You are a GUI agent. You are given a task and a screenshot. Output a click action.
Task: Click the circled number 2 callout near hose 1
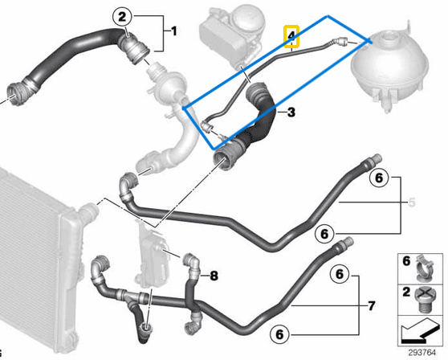(x=122, y=17)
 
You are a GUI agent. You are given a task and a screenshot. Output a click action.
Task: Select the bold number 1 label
(x=174, y=31)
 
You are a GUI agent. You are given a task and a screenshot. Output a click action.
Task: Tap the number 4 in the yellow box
(x=291, y=36)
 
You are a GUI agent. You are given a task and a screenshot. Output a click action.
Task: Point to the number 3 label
(x=291, y=112)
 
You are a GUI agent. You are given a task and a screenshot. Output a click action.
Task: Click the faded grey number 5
(x=412, y=202)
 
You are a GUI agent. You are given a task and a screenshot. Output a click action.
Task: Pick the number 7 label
(x=371, y=306)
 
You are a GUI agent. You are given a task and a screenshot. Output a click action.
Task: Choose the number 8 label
(x=214, y=276)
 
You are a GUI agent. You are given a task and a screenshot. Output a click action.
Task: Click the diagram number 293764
(x=422, y=352)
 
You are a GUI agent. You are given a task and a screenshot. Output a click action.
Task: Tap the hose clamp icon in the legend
(x=424, y=268)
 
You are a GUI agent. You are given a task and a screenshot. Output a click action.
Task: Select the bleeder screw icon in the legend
(x=425, y=300)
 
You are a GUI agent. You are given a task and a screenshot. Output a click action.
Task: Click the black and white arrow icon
(x=420, y=331)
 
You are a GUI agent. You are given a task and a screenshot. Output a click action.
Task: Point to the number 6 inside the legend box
(x=406, y=261)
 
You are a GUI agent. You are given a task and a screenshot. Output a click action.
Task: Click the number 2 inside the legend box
(x=406, y=292)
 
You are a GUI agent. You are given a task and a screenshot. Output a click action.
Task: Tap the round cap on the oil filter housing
(x=247, y=18)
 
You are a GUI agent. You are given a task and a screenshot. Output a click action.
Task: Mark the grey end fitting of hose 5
(x=375, y=159)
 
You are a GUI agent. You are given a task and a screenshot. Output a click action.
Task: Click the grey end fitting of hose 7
(x=346, y=242)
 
